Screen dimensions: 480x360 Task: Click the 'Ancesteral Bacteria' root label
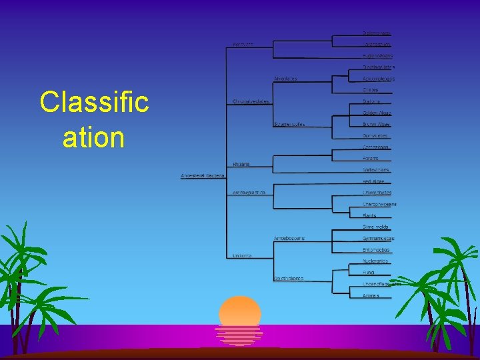tap(203, 175)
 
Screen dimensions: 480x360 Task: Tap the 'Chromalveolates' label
tap(251, 101)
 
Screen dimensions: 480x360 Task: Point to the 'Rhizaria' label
tap(241, 164)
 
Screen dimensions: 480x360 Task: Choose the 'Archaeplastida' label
tap(249, 193)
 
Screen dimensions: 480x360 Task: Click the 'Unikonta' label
tap(242, 255)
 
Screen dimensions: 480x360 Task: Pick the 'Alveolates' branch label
tap(285, 79)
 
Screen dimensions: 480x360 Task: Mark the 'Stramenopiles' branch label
tap(289, 124)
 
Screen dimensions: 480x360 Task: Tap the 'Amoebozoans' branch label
tap(289, 238)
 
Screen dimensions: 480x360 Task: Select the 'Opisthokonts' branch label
tap(288, 278)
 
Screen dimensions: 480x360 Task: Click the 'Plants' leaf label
tap(369, 215)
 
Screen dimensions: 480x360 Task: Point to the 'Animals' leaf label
tap(371, 295)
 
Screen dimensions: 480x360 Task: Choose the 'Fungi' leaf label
tap(368, 272)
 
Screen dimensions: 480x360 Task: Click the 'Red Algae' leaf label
tap(373, 181)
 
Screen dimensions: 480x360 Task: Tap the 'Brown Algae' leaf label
tap(376, 124)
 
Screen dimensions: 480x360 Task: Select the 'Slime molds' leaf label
tap(375, 227)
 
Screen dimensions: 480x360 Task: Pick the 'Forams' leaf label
tap(370, 158)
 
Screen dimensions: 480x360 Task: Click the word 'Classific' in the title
tap(94, 102)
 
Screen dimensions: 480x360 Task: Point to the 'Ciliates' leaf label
tap(370, 89)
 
